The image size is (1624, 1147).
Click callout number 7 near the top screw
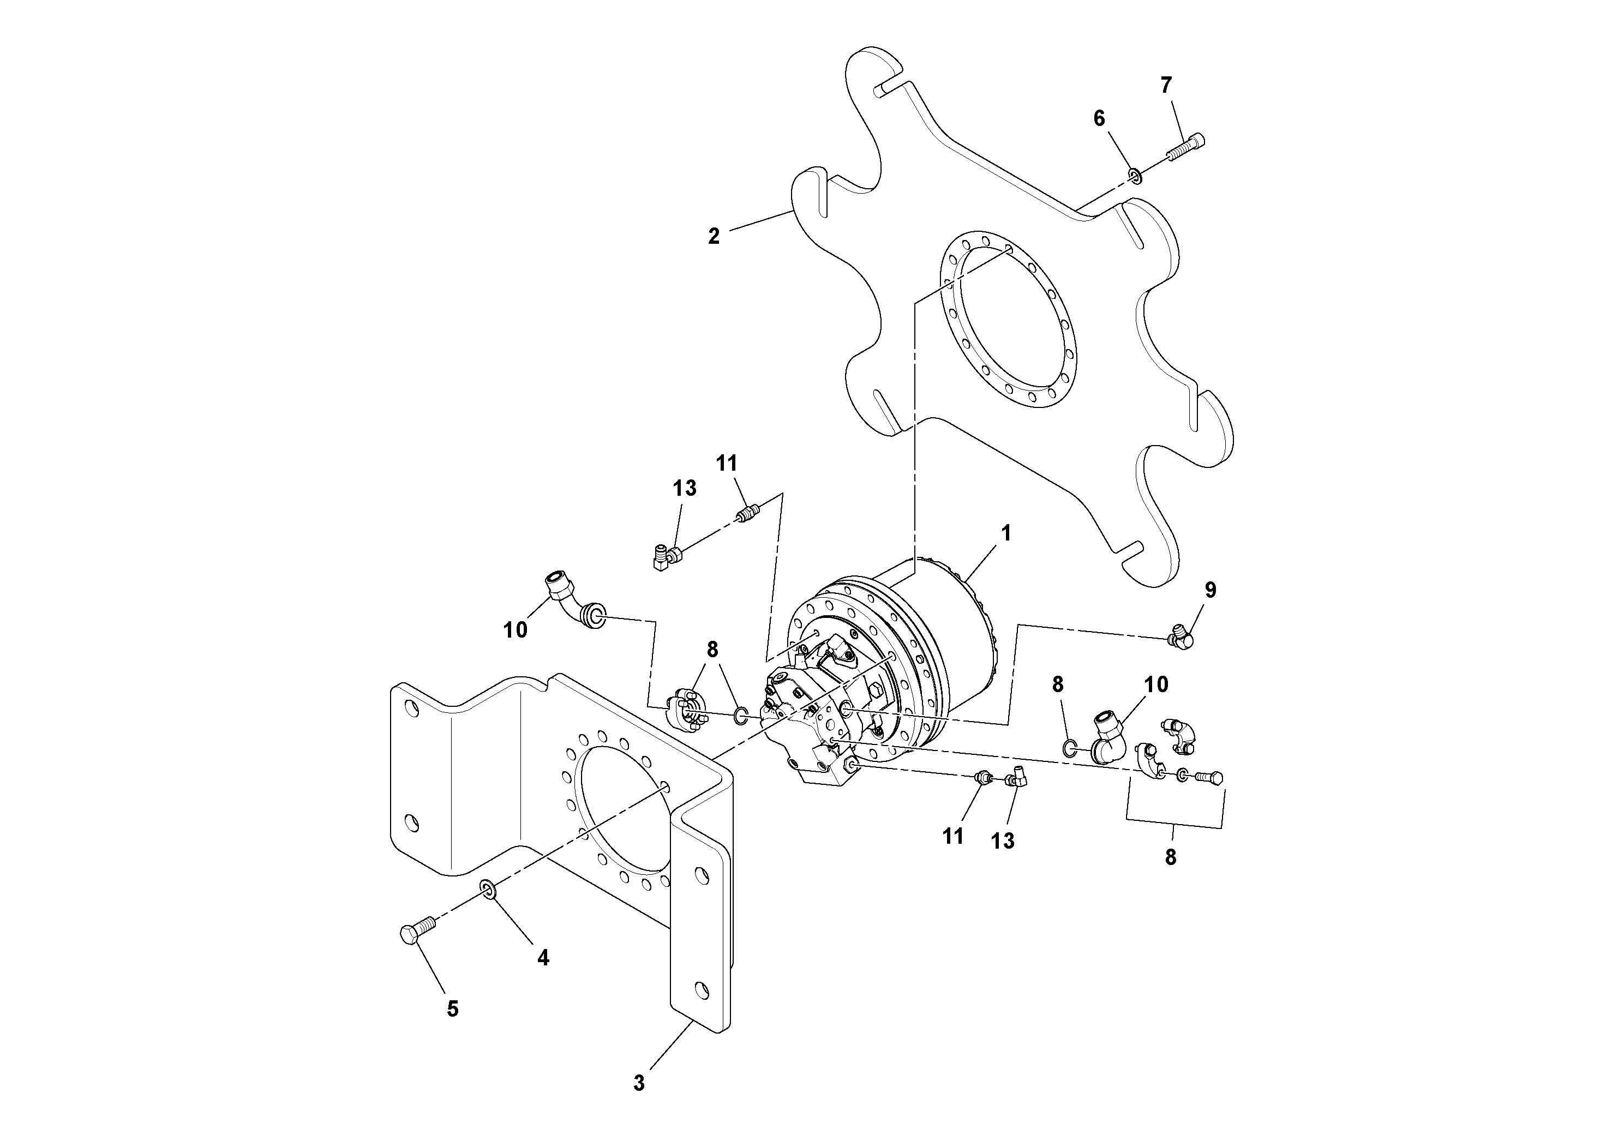click(x=1166, y=86)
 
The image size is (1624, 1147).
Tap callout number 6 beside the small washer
click(x=1099, y=119)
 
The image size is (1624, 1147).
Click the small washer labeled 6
click(x=1135, y=176)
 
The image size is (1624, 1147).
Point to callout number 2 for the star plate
click(x=714, y=236)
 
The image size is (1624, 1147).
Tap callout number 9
click(x=1210, y=590)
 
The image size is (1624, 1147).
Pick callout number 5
click(x=453, y=1009)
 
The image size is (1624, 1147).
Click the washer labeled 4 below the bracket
click(x=487, y=888)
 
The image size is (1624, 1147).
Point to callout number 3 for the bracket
click(x=639, y=1083)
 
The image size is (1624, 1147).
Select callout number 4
click(x=542, y=958)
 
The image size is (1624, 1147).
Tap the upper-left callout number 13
click(x=684, y=488)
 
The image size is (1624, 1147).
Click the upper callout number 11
click(x=727, y=463)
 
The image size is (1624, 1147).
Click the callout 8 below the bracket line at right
click(x=1171, y=857)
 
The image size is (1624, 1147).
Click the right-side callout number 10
click(x=1156, y=684)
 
